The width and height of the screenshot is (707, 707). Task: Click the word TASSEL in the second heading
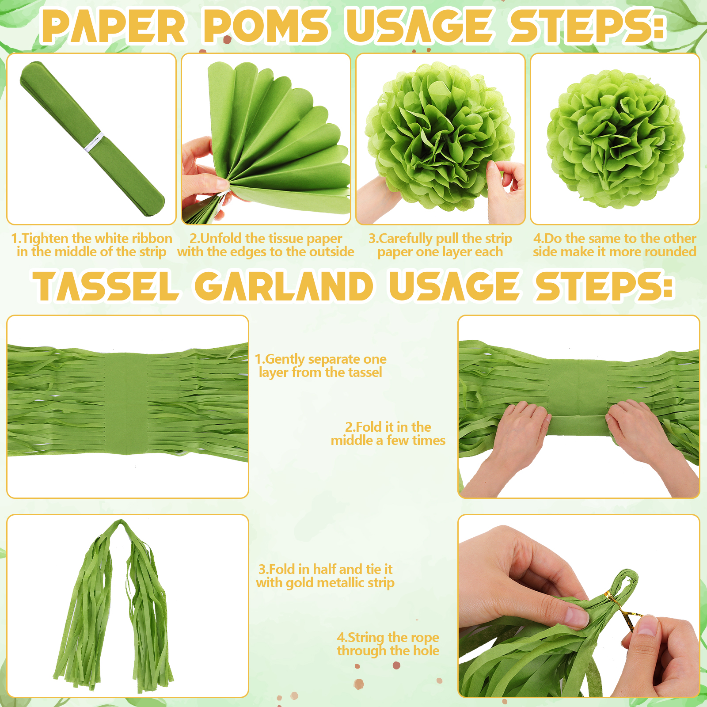(x=106, y=286)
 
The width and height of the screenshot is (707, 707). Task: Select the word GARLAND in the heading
(x=284, y=286)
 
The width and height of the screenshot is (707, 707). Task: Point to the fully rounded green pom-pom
(x=615, y=139)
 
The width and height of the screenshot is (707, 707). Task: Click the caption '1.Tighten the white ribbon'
(x=91, y=238)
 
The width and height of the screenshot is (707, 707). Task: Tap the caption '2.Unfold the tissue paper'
(x=266, y=238)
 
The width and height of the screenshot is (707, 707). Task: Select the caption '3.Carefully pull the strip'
(x=440, y=238)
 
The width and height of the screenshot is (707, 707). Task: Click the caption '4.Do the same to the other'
(x=615, y=238)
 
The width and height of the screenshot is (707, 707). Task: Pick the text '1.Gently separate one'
(x=321, y=359)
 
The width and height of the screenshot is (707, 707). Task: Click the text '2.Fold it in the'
(x=388, y=427)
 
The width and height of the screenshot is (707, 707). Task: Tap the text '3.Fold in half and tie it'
(x=325, y=569)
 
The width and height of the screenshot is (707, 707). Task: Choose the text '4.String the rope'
(x=388, y=637)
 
